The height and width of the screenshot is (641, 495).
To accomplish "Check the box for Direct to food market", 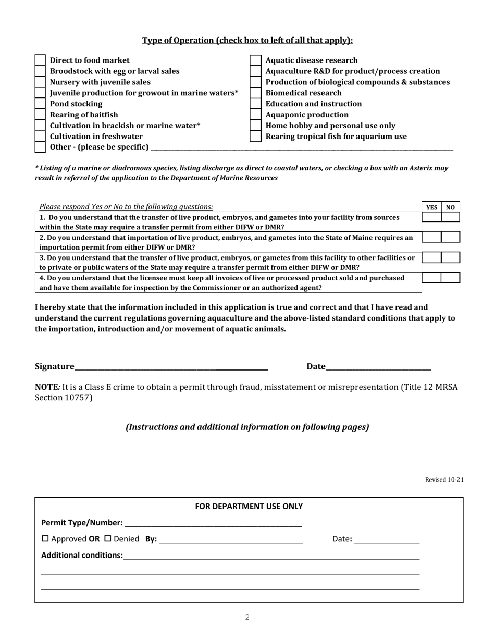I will pyautogui.click(x=40, y=60).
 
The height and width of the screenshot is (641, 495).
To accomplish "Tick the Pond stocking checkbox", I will pyautogui.click(x=40, y=104).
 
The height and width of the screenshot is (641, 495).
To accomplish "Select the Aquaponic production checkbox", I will pyautogui.click(x=255, y=115).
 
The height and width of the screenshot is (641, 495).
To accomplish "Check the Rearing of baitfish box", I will pyautogui.click(x=40, y=115).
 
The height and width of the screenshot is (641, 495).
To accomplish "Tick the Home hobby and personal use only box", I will pyautogui.click(x=255, y=126).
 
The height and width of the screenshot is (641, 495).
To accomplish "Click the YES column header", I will pyautogui.click(x=431, y=207).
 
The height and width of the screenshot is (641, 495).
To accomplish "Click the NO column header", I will pyautogui.click(x=450, y=207).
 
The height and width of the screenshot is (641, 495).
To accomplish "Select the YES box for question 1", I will pyautogui.click(x=431, y=217).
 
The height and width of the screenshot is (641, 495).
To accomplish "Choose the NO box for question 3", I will pyautogui.click(x=450, y=257).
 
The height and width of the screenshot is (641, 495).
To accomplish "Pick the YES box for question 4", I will pyautogui.click(x=431, y=278).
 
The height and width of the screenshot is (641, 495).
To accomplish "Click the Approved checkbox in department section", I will pyautogui.click(x=45, y=539).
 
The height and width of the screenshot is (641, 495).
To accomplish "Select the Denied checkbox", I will pyautogui.click(x=108, y=539).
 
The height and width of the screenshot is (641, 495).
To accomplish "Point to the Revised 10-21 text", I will pyautogui.click(x=444, y=480).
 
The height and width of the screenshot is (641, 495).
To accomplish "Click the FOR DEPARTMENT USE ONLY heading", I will pyautogui.click(x=249, y=507).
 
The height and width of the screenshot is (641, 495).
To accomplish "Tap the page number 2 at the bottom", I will pyautogui.click(x=247, y=618).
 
